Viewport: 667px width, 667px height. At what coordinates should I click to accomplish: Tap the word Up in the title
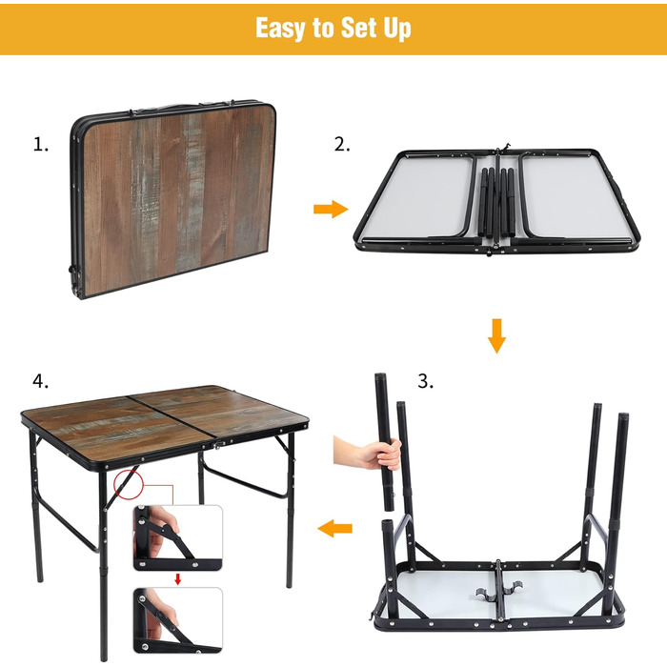(x=397, y=29)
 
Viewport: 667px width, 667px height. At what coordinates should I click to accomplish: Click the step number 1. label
(x=41, y=145)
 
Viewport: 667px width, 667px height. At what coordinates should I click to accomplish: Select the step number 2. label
(x=342, y=145)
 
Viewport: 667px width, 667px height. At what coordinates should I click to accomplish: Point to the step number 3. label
(x=425, y=381)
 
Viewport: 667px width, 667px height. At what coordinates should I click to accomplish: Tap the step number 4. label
(x=41, y=381)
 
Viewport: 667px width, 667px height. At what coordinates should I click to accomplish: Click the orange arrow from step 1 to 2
(x=331, y=209)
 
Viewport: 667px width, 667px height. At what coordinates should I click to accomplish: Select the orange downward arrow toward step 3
(x=496, y=335)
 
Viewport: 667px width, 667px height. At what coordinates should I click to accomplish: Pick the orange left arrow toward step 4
(x=334, y=528)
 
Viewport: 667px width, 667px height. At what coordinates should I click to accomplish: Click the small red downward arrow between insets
(x=178, y=578)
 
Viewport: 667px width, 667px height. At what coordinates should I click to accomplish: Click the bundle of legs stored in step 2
(x=496, y=202)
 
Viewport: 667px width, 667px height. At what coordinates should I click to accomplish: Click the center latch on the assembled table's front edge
(x=218, y=445)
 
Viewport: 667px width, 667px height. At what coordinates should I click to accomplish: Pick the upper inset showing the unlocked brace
(x=178, y=538)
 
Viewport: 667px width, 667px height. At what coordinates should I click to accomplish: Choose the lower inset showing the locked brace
(x=178, y=620)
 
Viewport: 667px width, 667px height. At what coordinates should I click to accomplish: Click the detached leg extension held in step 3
(x=384, y=441)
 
